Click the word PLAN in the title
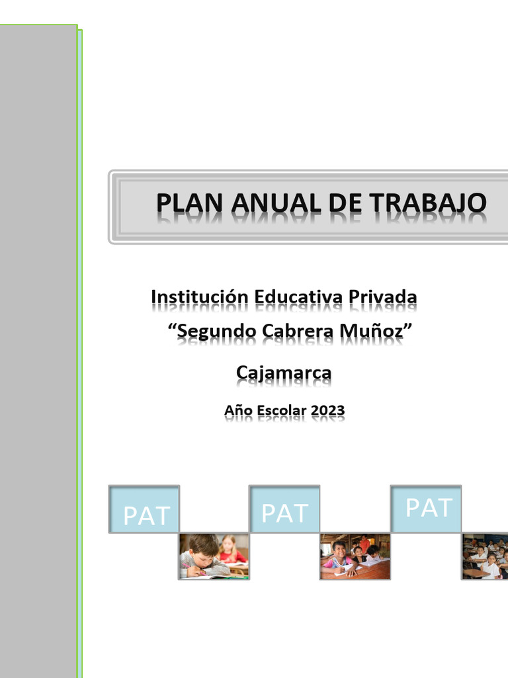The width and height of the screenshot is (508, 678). click(x=183, y=203)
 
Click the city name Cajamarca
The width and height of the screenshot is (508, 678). click(x=284, y=373)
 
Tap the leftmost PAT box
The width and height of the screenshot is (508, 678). click(x=144, y=509)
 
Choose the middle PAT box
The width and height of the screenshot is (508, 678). click(x=284, y=509)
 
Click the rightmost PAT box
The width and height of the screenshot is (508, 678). click(x=427, y=508)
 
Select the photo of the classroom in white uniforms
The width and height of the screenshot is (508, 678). click(x=485, y=556)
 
